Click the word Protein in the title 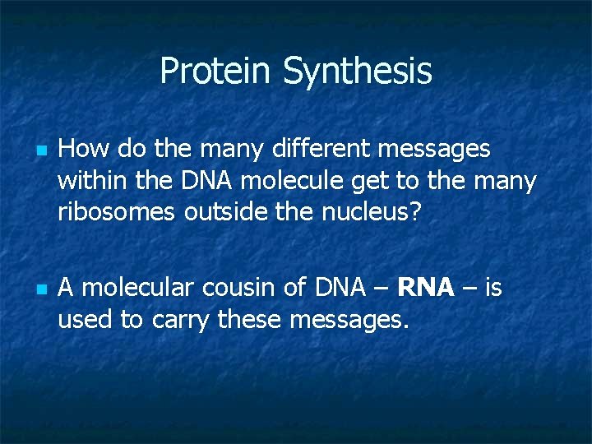pos(217,71)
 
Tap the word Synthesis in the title pos(358,72)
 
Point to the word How pos(85,149)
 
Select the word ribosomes pos(117,211)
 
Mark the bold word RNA pos(425,288)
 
